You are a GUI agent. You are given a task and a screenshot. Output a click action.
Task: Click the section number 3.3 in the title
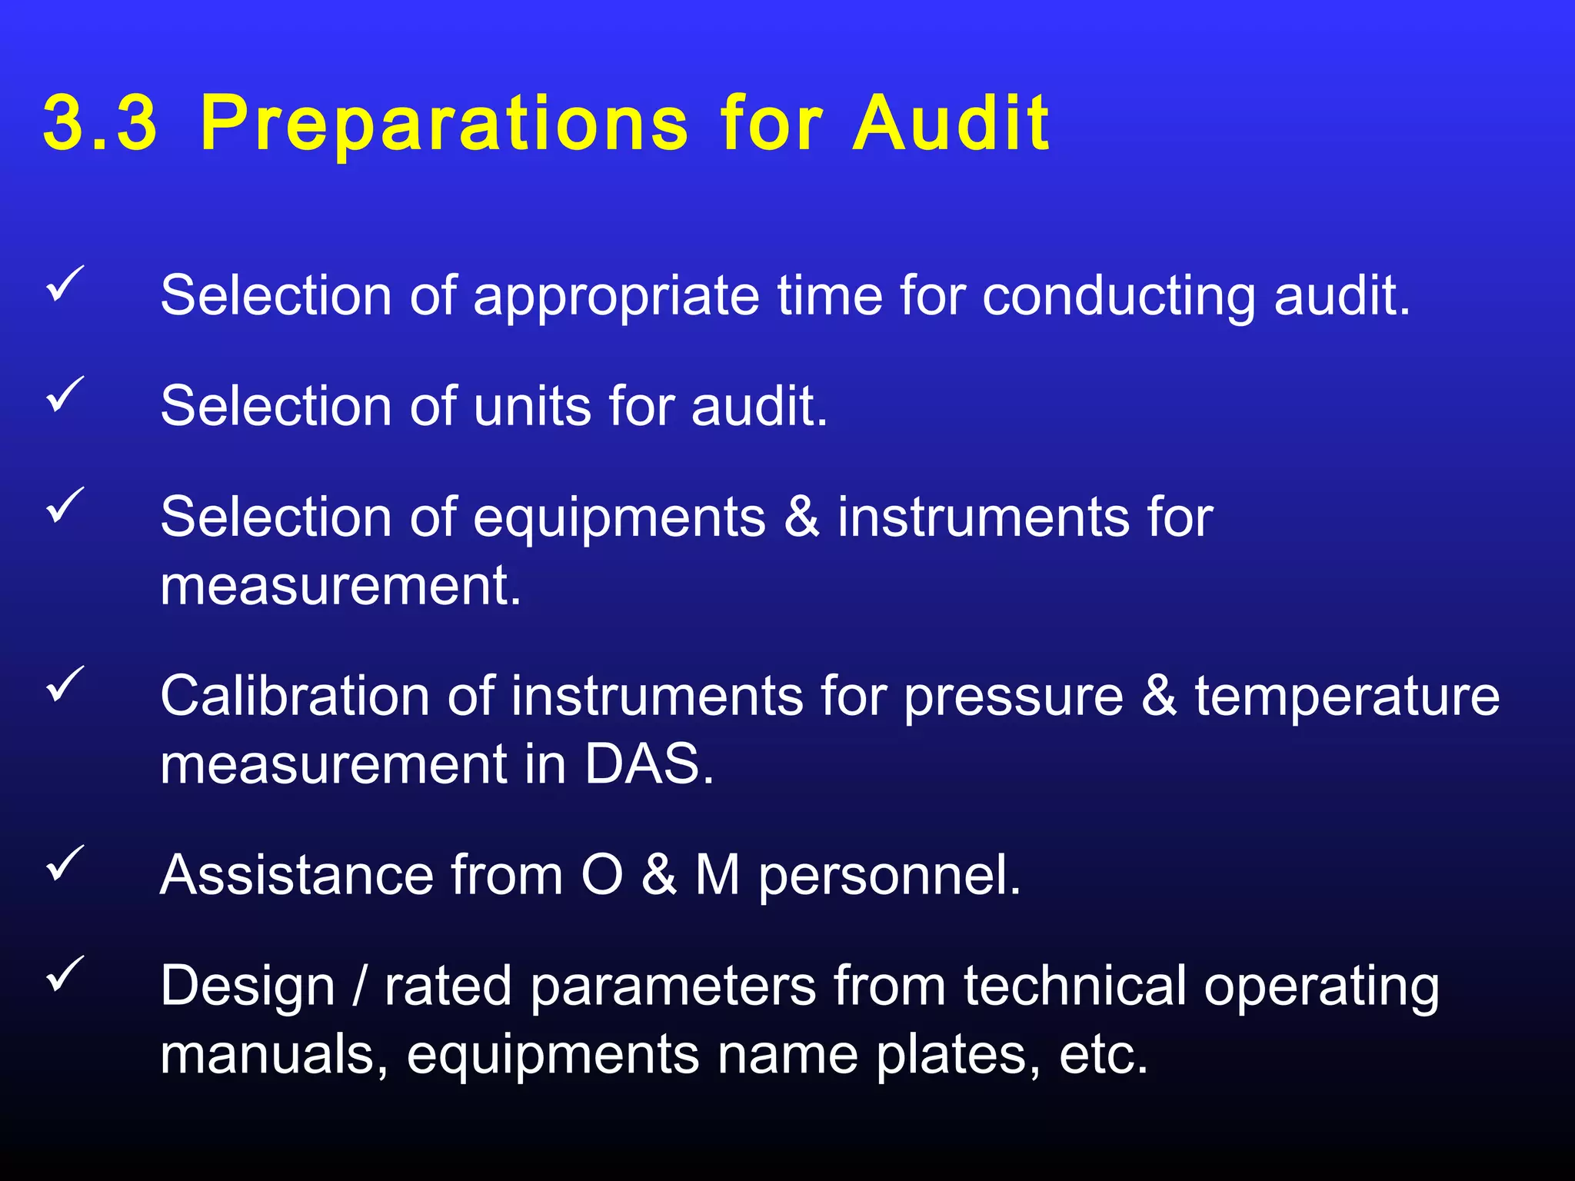tap(100, 123)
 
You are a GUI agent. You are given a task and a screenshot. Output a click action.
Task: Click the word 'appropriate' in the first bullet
tap(616, 298)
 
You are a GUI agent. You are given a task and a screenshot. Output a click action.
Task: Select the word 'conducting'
tap(1119, 297)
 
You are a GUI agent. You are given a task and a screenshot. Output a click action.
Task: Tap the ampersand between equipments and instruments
tap(801, 517)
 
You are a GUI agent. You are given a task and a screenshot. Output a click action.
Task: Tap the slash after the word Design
tap(359, 986)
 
